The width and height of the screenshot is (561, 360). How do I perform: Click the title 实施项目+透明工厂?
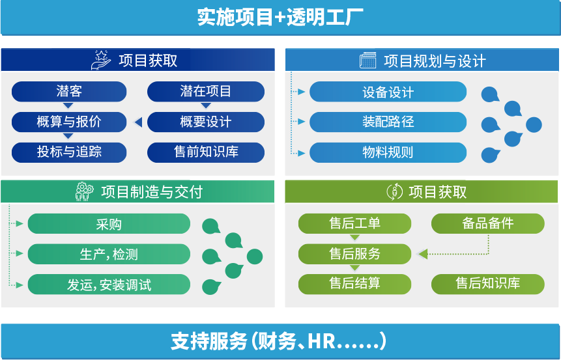tap(280, 17)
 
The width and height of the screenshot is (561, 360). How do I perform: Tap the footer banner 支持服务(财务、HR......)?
tap(280, 341)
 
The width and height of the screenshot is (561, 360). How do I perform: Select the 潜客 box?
tap(69, 92)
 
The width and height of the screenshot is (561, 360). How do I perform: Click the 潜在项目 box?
tap(205, 92)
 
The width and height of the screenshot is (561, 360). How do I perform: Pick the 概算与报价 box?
tap(69, 122)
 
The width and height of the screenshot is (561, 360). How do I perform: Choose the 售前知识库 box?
tap(205, 152)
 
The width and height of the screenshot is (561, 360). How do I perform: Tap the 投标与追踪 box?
tap(69, 152)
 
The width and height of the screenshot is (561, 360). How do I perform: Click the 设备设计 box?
tap(388, 92)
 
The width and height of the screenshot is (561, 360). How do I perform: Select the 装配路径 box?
tap(388, 122)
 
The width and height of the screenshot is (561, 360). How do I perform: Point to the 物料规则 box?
tap(388, 153)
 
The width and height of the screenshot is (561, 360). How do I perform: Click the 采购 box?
tap(108, 224)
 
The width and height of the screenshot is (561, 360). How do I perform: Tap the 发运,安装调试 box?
tap(108, 284)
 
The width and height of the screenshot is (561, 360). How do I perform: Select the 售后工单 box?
tap(354, 224)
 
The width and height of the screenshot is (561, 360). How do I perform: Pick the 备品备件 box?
tap(487, 224)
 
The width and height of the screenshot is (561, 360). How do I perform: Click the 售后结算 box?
tap(354, 284)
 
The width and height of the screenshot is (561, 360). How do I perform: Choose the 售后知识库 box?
tap(487, 284)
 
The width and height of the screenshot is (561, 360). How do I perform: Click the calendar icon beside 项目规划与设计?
tap(368, 61)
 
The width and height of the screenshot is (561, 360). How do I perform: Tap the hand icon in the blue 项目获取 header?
tap(101, 61)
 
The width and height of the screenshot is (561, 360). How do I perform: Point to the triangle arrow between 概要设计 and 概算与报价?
tap(137, 122)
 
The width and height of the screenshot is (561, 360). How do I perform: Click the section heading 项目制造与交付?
tap(151, 192)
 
